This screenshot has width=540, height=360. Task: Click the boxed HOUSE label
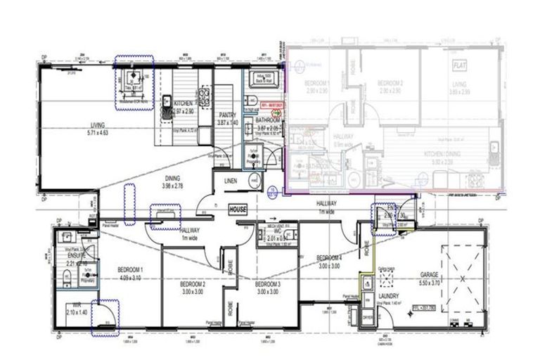coord(236,210)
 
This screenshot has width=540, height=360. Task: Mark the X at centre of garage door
coord(462,278)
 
